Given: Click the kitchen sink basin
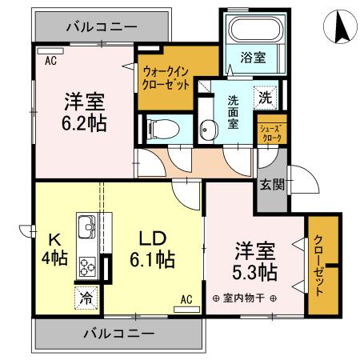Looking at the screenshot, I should [x=86, y=225].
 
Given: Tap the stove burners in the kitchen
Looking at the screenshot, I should [x=86, y=266].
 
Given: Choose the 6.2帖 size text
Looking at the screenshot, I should [x=86, y=123].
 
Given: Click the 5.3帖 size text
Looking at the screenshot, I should [x=256, y=272].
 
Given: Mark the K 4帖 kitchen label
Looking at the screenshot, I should [x=54, y=248].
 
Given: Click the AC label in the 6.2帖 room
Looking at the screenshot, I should [x=50, y=60].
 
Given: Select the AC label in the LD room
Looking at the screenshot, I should [x=186, y=300].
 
